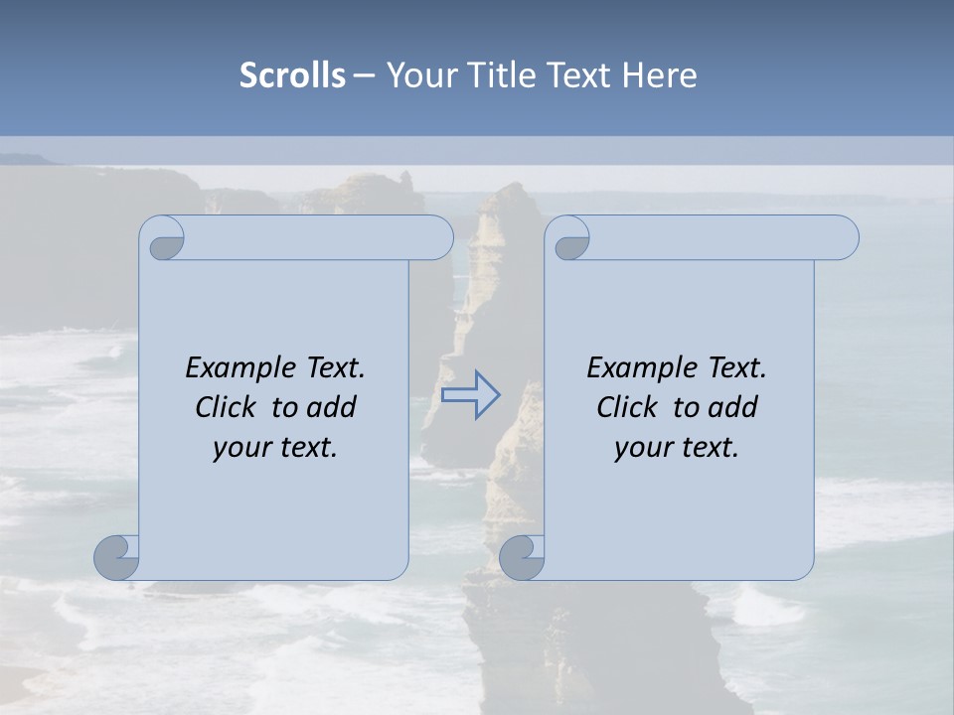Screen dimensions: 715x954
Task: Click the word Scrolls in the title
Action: (x=292, y=75)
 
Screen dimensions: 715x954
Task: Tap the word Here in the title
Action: (x=660, y=75)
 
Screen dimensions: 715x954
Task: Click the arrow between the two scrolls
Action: (x=470, y=394)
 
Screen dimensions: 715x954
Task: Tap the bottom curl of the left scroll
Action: (x=116, y=557)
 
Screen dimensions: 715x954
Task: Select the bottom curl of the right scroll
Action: (x=522, y=558)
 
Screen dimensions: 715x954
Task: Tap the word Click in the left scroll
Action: (x=228, y=407)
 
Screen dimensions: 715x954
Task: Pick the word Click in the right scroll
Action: (x=628, y=407)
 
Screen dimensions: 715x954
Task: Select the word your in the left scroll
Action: (x=241, y=448)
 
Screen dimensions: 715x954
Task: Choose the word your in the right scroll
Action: (x=643, y=448)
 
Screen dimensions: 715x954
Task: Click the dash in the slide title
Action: (x=365, y=75)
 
